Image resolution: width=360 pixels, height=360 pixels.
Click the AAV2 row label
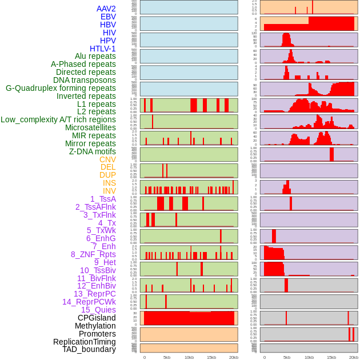pos(106,9)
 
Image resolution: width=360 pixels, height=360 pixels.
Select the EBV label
pos(108,17)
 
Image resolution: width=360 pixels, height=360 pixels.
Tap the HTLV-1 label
pos(102,49)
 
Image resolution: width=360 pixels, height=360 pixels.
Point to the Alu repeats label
pos(95,56)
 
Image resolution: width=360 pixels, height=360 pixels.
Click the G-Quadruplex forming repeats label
pos(61,88)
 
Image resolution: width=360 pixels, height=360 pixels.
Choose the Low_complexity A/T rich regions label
pos(58,119)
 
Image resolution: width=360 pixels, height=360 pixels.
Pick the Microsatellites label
pos(90,127)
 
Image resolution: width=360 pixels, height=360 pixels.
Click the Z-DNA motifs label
pos(92,151)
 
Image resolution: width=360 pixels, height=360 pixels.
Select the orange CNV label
pos(107,159)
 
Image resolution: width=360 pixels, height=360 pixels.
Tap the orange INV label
pos(109,191)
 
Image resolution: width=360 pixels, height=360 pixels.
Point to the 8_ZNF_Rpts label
pos(93,254)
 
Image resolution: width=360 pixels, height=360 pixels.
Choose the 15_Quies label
pos(98,310)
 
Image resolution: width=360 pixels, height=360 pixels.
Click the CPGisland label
pos(97,318)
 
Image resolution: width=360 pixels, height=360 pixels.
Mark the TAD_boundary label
pos(89,349)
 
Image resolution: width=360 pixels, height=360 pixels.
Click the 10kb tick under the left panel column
pos(189,358)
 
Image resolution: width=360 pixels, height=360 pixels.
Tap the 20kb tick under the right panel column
pos(354,358)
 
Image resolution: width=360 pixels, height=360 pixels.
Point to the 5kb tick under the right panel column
pos(287,358)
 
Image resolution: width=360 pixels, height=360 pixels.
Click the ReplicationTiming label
pos(85,342)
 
